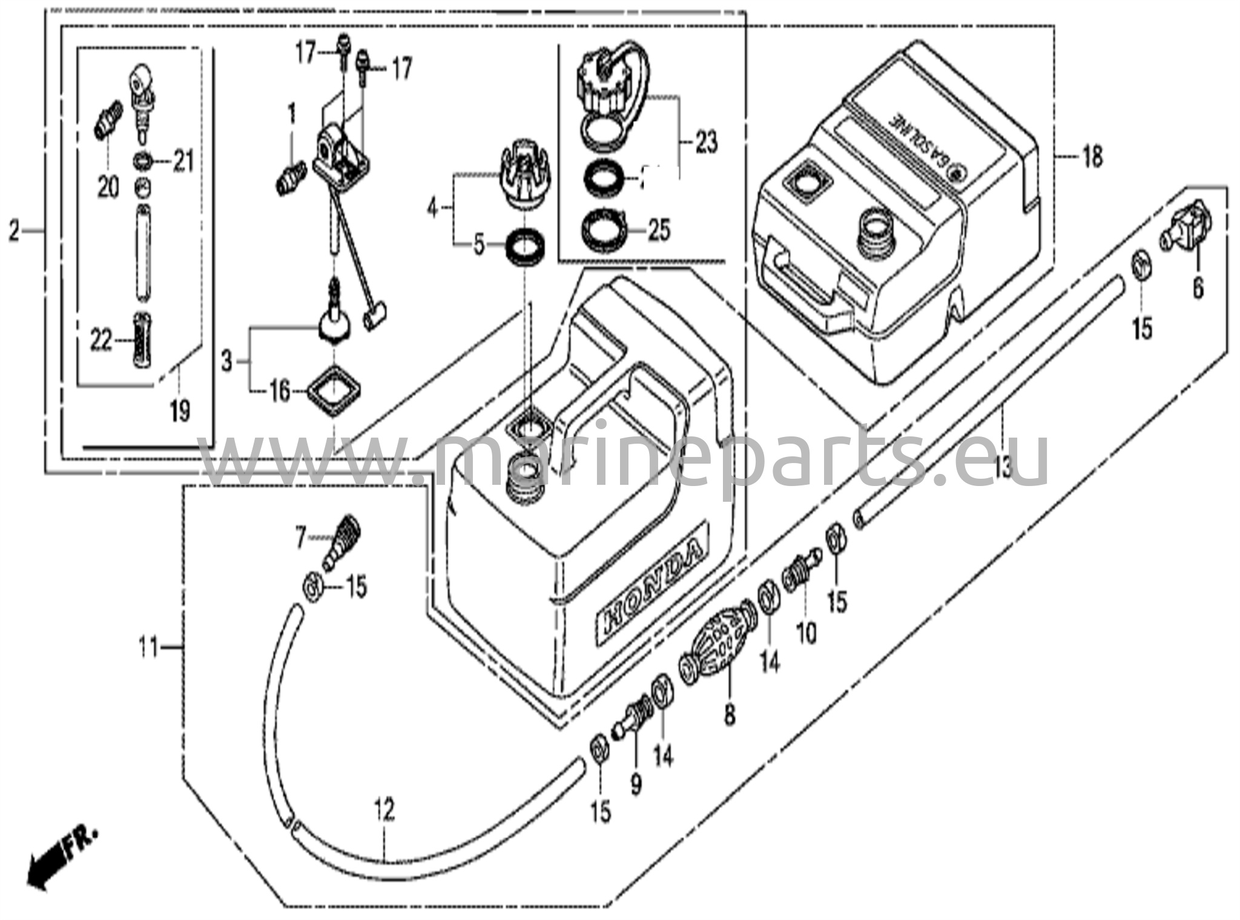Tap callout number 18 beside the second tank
[1092, 157]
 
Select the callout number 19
[180, 412]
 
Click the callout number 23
[706, 143]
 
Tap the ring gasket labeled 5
[526, 246]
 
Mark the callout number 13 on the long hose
[1002, 467]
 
